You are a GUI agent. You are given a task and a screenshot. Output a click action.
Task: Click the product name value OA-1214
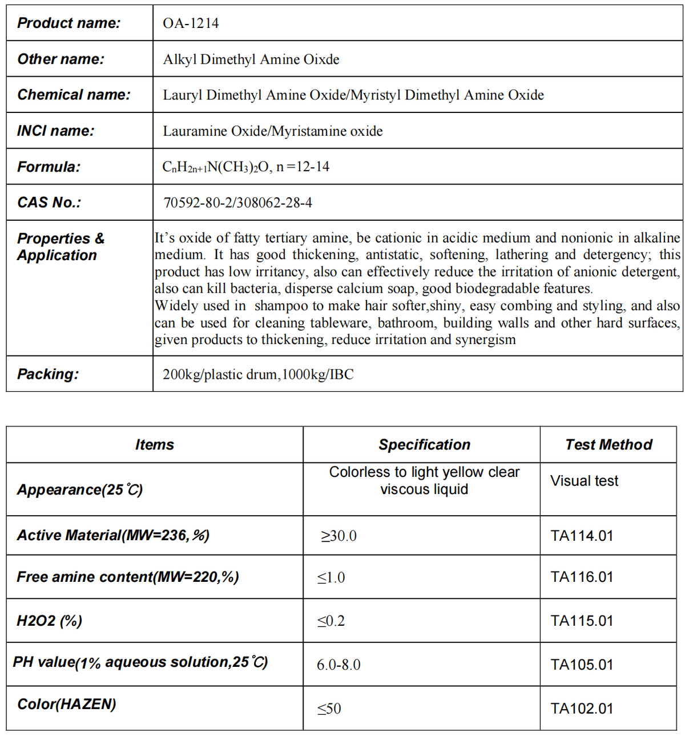tap(191, 23)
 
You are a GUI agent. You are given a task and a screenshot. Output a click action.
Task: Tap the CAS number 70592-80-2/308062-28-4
tap(237, 203)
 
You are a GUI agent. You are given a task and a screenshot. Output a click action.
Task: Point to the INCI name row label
tap(55, 131)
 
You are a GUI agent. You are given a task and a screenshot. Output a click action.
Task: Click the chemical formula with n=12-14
tap(245, 167)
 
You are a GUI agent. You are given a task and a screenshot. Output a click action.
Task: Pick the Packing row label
tap(48, 374)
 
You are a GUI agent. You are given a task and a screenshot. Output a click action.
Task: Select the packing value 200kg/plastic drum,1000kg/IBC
tap(258, 374)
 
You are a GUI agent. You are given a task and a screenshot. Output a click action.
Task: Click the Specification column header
tap(424, 444)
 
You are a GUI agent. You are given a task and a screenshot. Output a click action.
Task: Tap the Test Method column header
tap(609, 444)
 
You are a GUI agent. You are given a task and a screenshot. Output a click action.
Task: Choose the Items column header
tap(154, 444)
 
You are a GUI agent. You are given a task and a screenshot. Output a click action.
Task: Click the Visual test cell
tap(584, 481)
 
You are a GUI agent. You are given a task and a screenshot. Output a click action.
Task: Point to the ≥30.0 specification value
tap(339, 536)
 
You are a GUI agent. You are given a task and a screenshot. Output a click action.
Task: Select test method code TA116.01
tap(582, 577)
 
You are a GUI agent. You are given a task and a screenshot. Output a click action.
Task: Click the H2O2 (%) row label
tap(49, 621)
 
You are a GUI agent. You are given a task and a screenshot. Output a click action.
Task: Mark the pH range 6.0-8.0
tap(339, 665)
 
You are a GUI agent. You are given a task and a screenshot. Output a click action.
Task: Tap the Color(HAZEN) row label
tap(67, 704)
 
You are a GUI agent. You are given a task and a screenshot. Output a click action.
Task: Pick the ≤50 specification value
tap(329, 708)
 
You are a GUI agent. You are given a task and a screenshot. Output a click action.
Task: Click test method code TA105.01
tap(582, 665)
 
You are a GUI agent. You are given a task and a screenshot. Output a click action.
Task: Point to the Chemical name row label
tap(74, 95)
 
